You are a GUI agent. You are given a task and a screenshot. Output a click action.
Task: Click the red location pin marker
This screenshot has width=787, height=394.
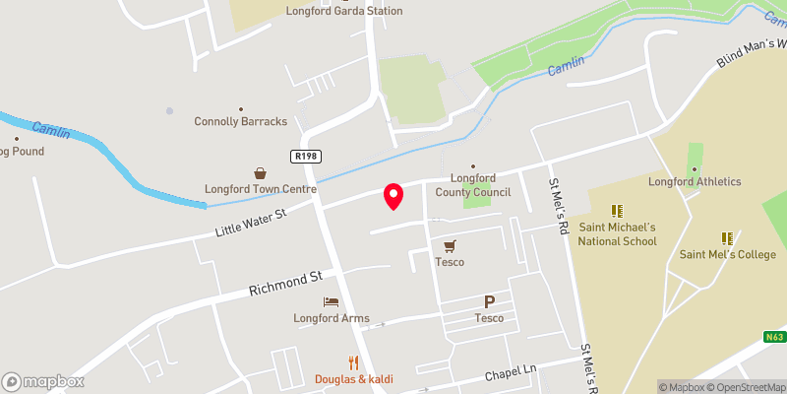pyautogui.click(x=393, y=196)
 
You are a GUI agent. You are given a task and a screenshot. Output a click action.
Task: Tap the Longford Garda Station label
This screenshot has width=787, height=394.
pyautogui.click(x=331, y=11)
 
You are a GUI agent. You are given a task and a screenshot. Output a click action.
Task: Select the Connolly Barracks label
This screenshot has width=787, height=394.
pyautogui.click(x=241, y=121)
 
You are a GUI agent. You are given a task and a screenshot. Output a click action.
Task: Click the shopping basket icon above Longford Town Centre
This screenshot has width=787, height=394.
pyautogui.click(x=261, y=172)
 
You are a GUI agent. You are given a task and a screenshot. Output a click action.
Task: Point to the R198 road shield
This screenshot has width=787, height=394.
pyautogui.click(x=303, y=157)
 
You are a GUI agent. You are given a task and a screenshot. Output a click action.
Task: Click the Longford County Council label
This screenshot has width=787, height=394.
pyautogui.click(x=472, y=185)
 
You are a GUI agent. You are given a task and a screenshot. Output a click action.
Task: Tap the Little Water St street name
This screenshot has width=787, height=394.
pyautogui.click(x=250, y=224)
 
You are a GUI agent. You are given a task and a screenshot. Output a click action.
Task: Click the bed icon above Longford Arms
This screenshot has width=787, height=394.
pyautogui.click(x=331, y=301)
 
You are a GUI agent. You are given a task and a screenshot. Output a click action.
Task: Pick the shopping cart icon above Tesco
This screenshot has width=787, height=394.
pyautogui.click(x=450, y=245)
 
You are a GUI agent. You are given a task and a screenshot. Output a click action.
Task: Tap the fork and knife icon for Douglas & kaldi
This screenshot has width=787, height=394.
pyautogui.click(x=353, y=362)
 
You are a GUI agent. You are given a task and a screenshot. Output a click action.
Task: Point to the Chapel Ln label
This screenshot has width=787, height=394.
pyautogui.click(x=512, y=372)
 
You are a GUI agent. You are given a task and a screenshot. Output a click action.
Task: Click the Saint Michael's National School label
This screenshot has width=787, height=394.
pyautogui.click(x=617, y=233)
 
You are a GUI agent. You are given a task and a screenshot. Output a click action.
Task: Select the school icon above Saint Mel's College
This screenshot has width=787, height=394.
pyautogui.click(x=727, y=237)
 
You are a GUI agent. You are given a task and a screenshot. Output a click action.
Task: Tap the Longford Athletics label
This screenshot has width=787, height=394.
pyautogui.click(x=695, y=181)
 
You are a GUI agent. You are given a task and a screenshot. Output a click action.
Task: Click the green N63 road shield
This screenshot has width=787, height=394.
pyautogui.click(x=775, y=337)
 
